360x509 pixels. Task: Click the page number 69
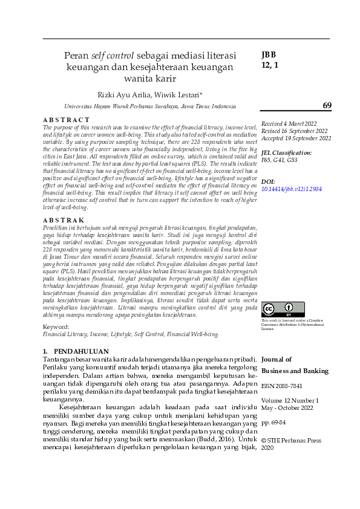(327, 106)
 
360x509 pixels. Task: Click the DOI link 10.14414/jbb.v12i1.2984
(292, 189)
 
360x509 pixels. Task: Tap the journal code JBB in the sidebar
(269, 54)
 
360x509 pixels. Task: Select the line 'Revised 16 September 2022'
(295, 131)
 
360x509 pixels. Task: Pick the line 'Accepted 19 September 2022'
(296, 138)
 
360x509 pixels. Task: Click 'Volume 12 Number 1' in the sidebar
(290, 400)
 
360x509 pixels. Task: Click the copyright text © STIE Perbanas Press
(291, 441)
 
